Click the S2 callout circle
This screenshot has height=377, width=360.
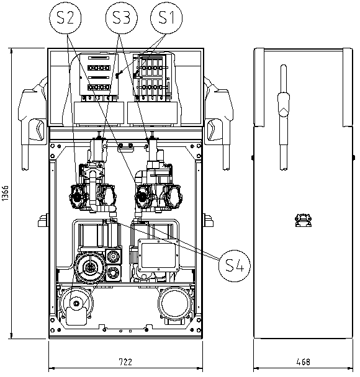tap(65, 18)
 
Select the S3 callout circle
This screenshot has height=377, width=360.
tap(122, 18)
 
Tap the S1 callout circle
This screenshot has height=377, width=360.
tap(166, 18)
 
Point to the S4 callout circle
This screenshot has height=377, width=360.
tap(235, 265)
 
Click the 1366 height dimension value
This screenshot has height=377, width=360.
tap(5, 193)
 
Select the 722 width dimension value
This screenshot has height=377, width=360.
tap(125, 362)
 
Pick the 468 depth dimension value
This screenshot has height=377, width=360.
tap(303, 362)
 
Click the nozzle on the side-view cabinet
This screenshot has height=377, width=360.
tap(284, 117)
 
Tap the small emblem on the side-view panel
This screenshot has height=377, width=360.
tap(304, 220)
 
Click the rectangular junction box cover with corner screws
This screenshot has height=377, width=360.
tap(159, 255)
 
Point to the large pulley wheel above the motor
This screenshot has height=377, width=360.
tap(90, 267)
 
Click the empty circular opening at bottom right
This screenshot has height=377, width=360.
tap(174, 303)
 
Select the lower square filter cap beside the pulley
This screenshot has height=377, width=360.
tap(112, 273)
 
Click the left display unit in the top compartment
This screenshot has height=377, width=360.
tap(99, 74)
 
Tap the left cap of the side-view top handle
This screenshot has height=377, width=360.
tap(259, 87)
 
